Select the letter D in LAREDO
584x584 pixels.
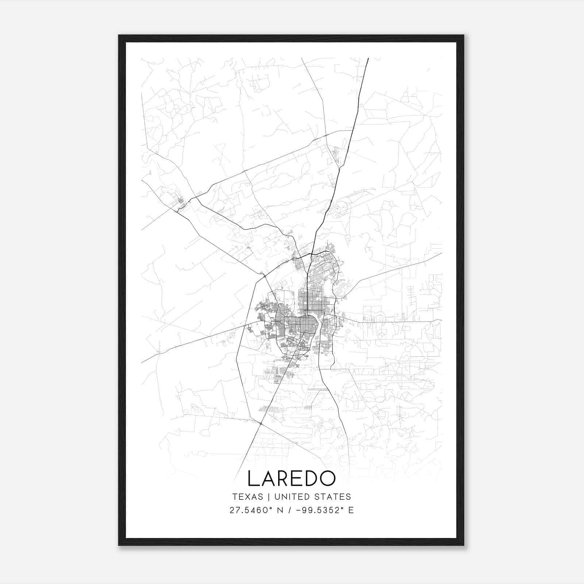[x=311, y=479]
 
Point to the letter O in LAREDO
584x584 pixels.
[x=327, y=479]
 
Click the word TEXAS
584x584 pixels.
[x=247, y=497]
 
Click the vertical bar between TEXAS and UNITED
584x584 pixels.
[x=269, y=497]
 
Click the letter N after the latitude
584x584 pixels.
[x=281, y=510]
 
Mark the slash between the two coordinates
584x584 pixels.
[x=289, y=510]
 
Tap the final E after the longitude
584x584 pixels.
[x=351, y=510]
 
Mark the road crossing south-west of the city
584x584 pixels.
[x=261, y=423]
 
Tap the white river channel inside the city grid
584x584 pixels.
[x=316, y=325]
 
